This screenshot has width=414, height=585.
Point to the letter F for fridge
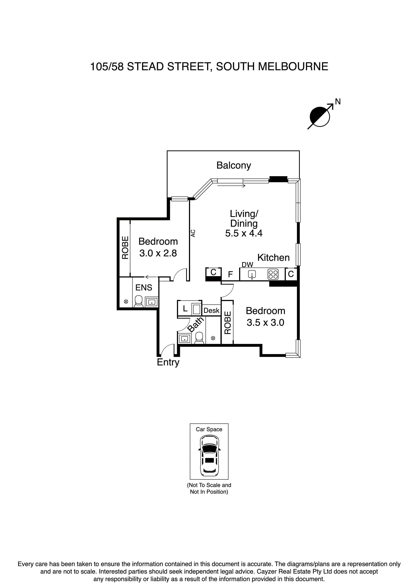click(x=230, y=274)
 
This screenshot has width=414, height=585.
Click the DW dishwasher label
click(x=247, y=265)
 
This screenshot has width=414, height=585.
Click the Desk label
click(x=212, y=310)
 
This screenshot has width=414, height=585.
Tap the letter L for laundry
click(x=185, y=309)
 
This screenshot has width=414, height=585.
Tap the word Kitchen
click(x=273, y=258)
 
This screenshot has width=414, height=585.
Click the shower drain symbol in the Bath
click(x=213, y=338)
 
